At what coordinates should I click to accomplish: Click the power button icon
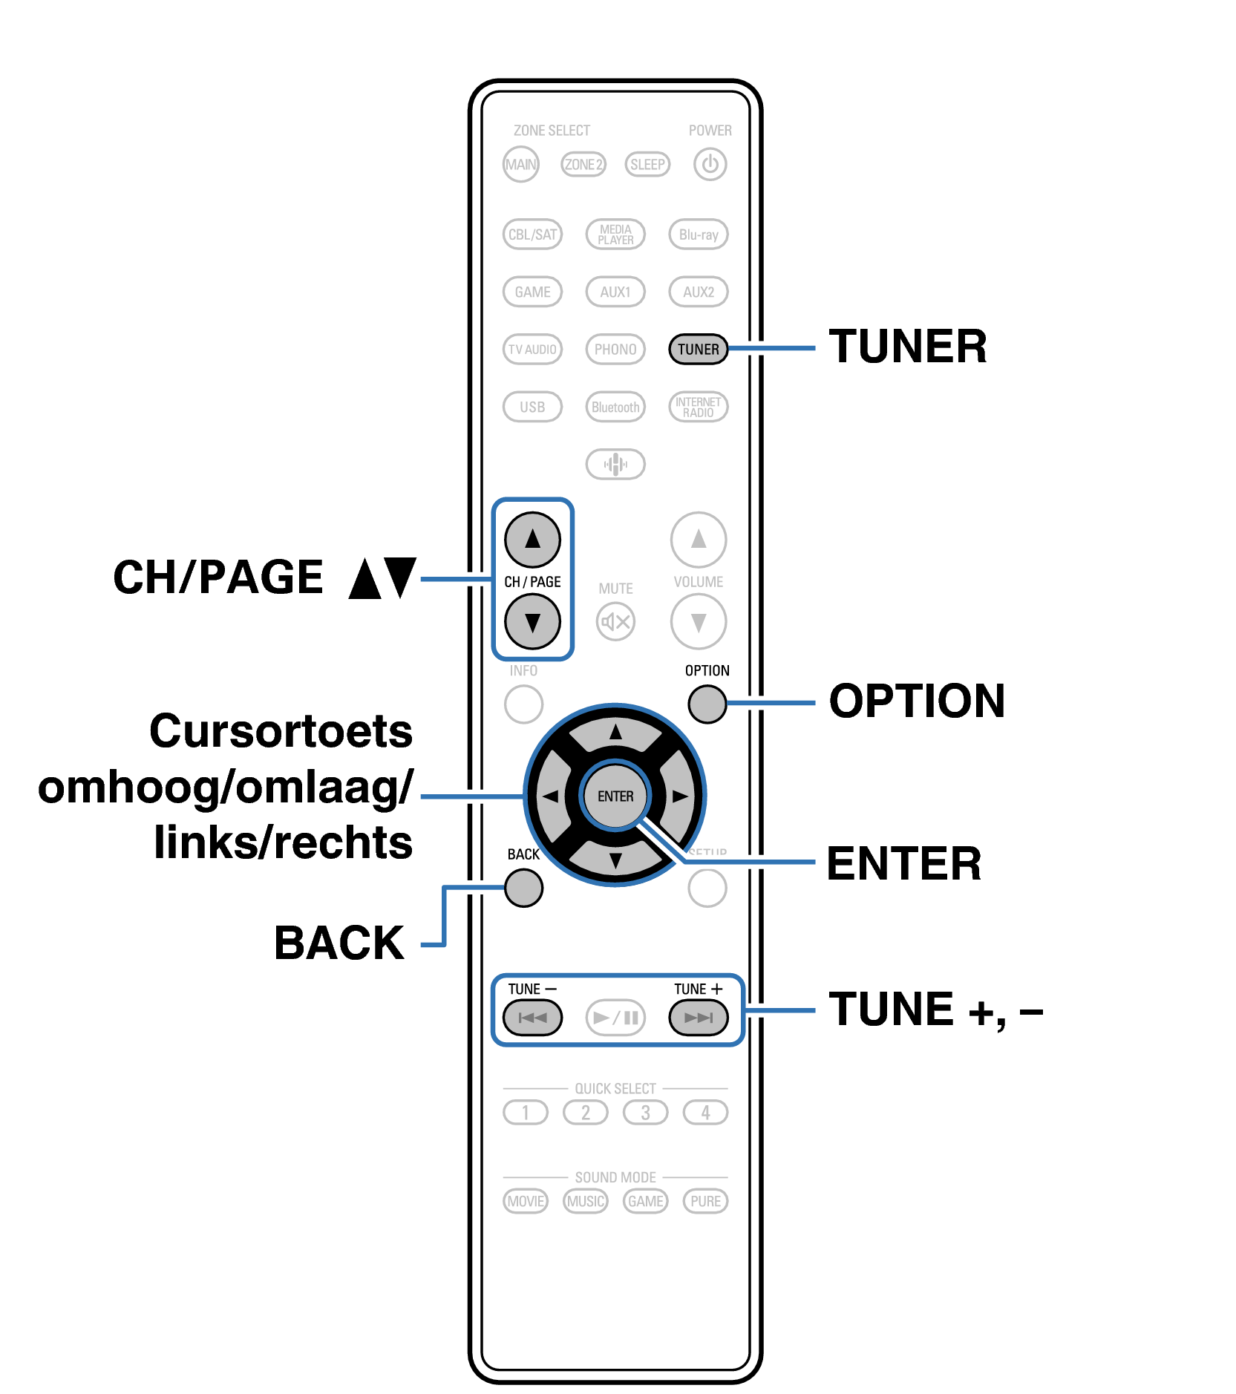pos(710,164)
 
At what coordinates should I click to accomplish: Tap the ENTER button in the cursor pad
pos(615,796)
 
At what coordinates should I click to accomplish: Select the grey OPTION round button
pos(707,704)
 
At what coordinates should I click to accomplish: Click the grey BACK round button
pos(523,888)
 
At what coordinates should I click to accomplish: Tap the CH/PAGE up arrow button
pos(532,540)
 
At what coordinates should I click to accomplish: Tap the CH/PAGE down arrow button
pos(532,622)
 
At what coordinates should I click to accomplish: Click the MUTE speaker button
pos(615,621)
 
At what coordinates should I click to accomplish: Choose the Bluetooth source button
pos(615,407)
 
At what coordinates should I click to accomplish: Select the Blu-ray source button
pos(699,235)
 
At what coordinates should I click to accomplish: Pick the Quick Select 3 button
pos(645,1113)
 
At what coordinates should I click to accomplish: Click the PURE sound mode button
pos(705,1201)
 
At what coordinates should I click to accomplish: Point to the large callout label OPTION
pos(917,701)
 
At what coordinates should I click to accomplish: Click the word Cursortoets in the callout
pos(281,731)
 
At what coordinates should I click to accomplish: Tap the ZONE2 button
pos(583,164)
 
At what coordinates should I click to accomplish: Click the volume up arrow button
pos(699,540)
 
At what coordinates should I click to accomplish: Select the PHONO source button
pos(615,349)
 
